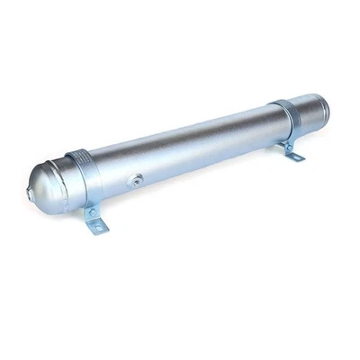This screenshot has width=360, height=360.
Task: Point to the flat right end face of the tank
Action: tap(321, 107)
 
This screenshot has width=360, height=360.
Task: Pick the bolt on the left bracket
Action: tap(90, 211)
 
